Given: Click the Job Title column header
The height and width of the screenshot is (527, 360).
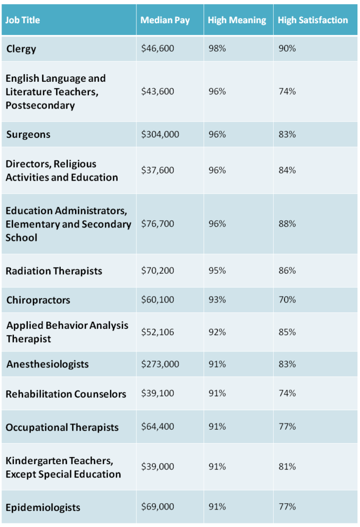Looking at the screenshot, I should click(23, 21).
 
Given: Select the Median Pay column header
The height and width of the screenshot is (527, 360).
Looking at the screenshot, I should click(165, 21).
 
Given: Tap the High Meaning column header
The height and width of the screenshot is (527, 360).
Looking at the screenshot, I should click(237, 21).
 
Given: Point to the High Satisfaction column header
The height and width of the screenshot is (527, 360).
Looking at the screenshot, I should click(313, 21).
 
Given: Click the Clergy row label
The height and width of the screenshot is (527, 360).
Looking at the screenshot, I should click(22, 49).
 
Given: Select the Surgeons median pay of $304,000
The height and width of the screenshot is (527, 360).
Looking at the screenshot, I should click(160, 134).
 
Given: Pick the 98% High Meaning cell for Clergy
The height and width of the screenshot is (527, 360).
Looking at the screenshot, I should click(217, 49).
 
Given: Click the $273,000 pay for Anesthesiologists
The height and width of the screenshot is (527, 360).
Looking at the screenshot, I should click(160, 364).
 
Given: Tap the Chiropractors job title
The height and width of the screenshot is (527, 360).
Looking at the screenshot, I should click(38, 300).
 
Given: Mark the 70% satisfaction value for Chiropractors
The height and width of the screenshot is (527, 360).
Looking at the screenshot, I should click(287, 300).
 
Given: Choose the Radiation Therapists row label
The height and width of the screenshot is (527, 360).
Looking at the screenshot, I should click(54, 271).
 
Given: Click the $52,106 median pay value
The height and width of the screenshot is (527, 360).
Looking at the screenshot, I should click(158, 332).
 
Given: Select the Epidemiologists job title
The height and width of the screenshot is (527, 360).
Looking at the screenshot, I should click(43, 507).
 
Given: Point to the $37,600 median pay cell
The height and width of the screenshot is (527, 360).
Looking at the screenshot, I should click(158, 170).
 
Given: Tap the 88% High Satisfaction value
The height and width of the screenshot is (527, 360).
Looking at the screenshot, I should click(287, 224).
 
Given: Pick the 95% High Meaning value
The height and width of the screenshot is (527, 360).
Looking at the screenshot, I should click(217, 271).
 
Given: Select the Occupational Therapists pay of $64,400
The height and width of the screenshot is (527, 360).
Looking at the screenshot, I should click(158, 427).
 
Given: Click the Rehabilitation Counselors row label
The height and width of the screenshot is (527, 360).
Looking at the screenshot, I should click(66, 394).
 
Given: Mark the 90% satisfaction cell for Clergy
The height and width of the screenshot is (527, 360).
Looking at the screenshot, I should click(287, 49).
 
